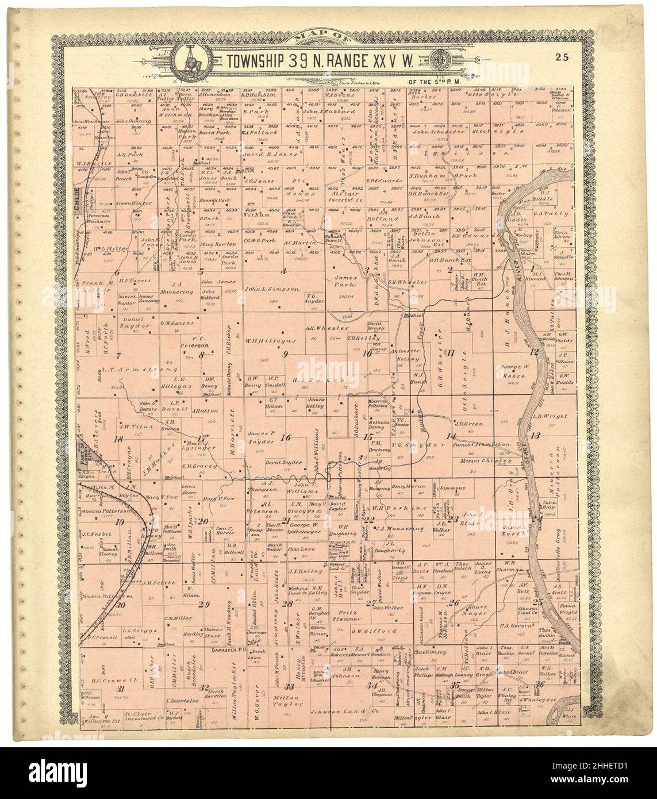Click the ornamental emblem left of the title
tap(188, 59)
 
